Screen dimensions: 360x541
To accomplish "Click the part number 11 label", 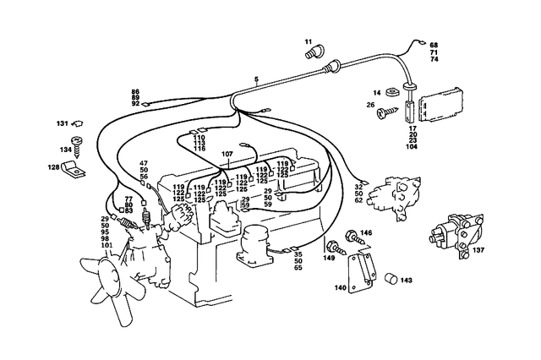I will pos(309,41).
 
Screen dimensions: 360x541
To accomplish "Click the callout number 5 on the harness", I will pos(256,80).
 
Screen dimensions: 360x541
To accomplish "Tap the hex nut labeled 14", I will pos(393,93).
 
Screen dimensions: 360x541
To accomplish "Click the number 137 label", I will pos(478,251).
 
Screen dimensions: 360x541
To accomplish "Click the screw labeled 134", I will pos(78,147).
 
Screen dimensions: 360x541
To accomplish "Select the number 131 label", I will pos(62,123).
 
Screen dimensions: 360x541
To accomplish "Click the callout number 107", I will pos(226,154).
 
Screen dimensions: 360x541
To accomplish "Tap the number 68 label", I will pos(434,45).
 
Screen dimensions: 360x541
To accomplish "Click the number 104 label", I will pos(412,147).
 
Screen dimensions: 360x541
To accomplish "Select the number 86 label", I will pos(135,90).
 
